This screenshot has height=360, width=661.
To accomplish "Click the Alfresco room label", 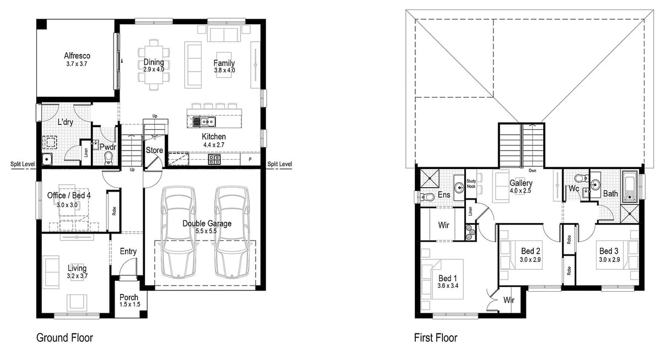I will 77,56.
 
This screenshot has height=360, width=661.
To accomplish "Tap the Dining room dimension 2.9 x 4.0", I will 154,70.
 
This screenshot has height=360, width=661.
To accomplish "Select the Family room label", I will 224,63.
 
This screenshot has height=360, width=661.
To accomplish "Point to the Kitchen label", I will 213,137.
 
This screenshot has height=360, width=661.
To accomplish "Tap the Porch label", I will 129,297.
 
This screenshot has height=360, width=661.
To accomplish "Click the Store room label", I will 154,150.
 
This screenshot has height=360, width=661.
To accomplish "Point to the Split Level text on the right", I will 279,164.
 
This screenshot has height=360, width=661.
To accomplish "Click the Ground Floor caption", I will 64,337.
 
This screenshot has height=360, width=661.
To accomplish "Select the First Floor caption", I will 435,337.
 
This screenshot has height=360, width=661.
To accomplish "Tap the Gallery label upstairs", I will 521,183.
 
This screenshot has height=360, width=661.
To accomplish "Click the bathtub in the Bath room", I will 630,187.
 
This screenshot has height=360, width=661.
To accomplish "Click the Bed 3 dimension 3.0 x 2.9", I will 610,259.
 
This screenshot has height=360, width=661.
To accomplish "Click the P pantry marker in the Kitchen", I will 250,160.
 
